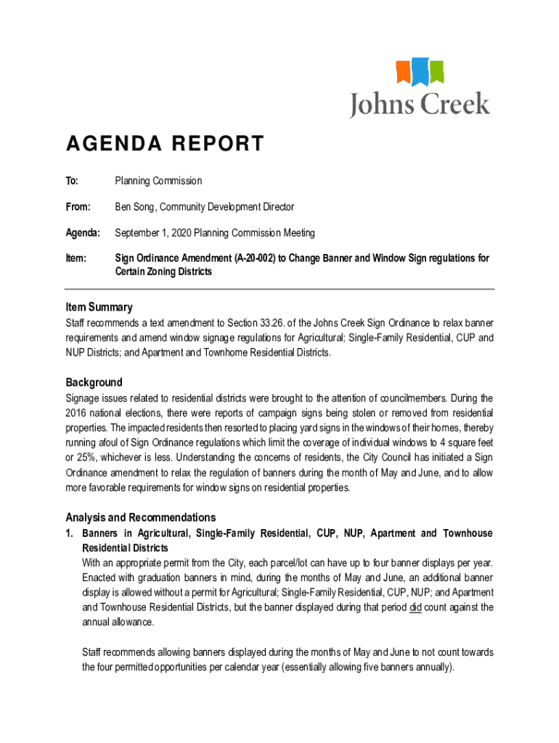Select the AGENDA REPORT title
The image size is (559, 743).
(x=165, y=144)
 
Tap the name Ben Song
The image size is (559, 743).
(x=134, y=207)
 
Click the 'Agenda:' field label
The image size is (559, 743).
(x=81, y=233)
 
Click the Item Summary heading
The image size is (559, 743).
(x=99, y=308)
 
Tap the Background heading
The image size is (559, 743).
(x=94, y=382)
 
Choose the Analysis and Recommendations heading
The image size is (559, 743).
(x=140, y=517)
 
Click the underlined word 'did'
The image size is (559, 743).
(x=415, y=607)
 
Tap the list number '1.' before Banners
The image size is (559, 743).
(x=70, y=534)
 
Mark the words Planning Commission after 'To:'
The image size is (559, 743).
(x=158, y=181)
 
